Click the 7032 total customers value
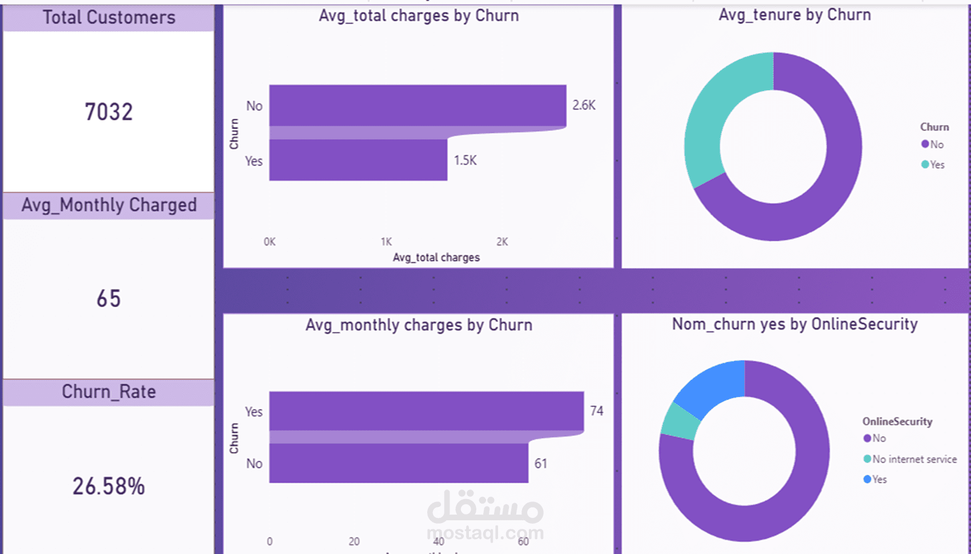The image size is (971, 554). coord(109,112)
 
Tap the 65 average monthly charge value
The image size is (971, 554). coord(109,299)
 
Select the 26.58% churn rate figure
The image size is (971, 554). coord(109,487)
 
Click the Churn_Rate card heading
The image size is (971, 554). coord(109,392)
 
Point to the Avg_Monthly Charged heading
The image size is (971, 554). coord(109,205)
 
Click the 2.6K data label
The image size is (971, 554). coord(584,105)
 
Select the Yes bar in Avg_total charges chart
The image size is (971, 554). coord(358,160)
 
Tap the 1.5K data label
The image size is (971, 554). coord(465,160)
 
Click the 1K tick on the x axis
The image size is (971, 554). coord(386,242)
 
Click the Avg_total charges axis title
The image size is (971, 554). coord(436,258)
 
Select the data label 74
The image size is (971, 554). coord(596,411)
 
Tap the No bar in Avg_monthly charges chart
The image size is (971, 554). coord(399,464)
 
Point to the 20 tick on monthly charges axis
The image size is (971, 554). coord(354,541)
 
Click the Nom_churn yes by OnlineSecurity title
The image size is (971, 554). coord(795,324)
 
